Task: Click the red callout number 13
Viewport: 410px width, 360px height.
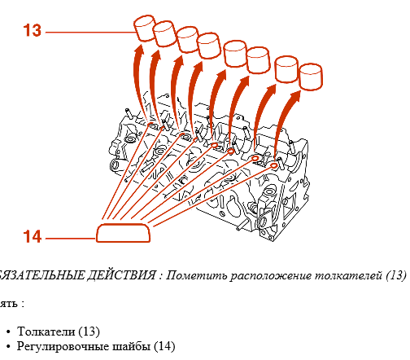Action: (x=32, y=32)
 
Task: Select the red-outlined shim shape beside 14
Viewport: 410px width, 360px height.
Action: (x=124, y=234)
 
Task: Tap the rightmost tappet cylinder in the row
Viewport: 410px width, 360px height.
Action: (x=312, y=77)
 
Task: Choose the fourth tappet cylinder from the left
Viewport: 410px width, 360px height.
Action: (x=210, y=46)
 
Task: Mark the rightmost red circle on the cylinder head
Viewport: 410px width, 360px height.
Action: (x=273, y=166)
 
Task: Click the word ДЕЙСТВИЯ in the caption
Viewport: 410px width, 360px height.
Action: (x=119, y=275)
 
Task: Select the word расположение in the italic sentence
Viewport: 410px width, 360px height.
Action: (x=268, y=275)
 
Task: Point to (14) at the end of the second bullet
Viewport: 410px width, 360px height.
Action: (x=164, y=346)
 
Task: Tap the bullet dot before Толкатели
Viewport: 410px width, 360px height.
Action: (x=8, y=332)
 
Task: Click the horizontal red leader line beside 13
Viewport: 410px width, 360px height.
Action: (x=89, y=33)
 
